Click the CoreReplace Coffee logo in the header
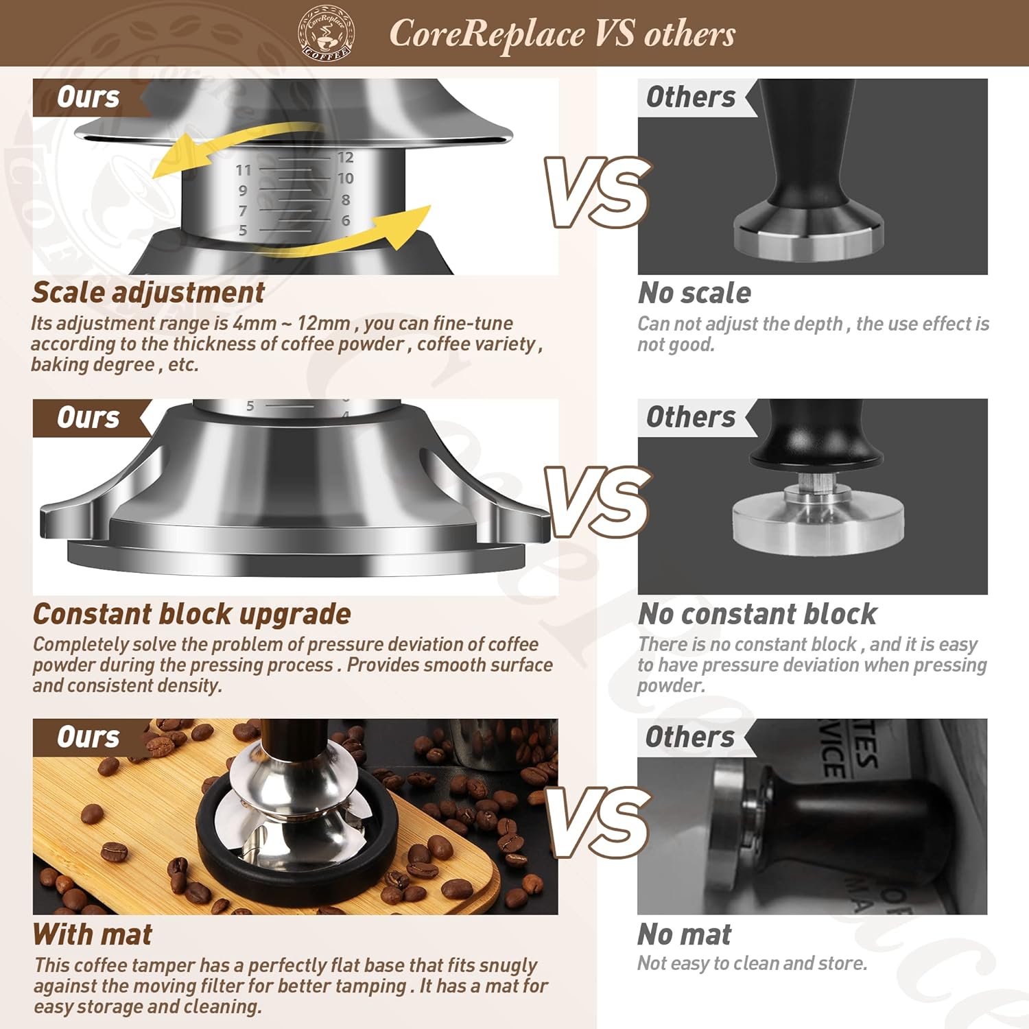pyautogui.click(x=327, y=33)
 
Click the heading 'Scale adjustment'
pyautogui.click(x=148, y=292)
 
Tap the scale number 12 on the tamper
pyautogui.click(x=345, y=158)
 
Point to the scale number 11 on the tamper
pyautogui.click(x=244, y=170)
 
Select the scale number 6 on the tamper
pyautogui.click(x=346, y=221)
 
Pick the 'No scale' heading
pyautogui.click(x=694, y=293)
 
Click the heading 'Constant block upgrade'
pyautogui.click(x=192, y=614)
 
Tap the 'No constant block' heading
pyautogui.click(x=757, y=614)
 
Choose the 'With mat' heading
pyautogui.click(x=93, y=934)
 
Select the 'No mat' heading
pyautogui.click(x=685, y=934)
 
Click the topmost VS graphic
pyautogui.click(x=597, y=192)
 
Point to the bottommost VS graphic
pyautogui.click(x=598, y=822)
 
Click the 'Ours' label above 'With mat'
pyautogui.click(x=88, y=737)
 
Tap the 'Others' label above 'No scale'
pyautogui.click(x=690, y=97)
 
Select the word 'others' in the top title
pyautogui.click(x=689, y=33)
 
